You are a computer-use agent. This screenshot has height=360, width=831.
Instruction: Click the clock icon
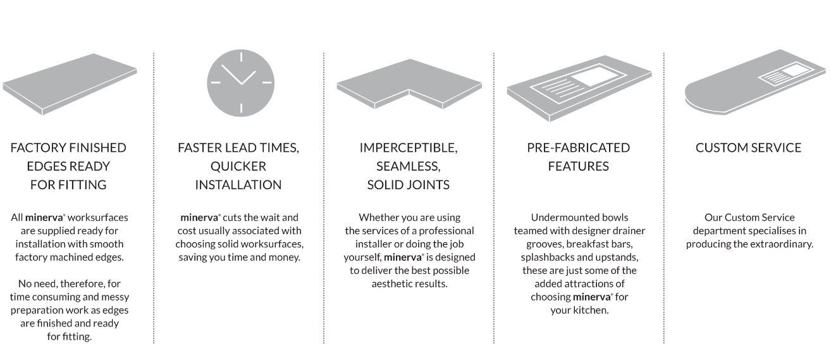tap(241, 83)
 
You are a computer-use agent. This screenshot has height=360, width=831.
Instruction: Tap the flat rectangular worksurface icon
tap(70, 84)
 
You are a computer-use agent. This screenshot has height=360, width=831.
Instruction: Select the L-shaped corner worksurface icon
tap(409, 84)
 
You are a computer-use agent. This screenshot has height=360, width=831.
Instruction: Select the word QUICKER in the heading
tap(238, 166)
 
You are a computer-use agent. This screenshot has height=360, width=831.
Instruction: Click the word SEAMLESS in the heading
tap(408, 166)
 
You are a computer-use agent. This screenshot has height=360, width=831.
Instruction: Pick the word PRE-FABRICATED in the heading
tap(579, 147)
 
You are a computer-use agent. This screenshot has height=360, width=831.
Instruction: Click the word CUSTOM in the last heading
tap(721, 147)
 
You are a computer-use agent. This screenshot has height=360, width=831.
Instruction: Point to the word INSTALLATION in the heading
tap(238, 185)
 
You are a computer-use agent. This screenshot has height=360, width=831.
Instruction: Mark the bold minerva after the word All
tap(44, 218)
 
